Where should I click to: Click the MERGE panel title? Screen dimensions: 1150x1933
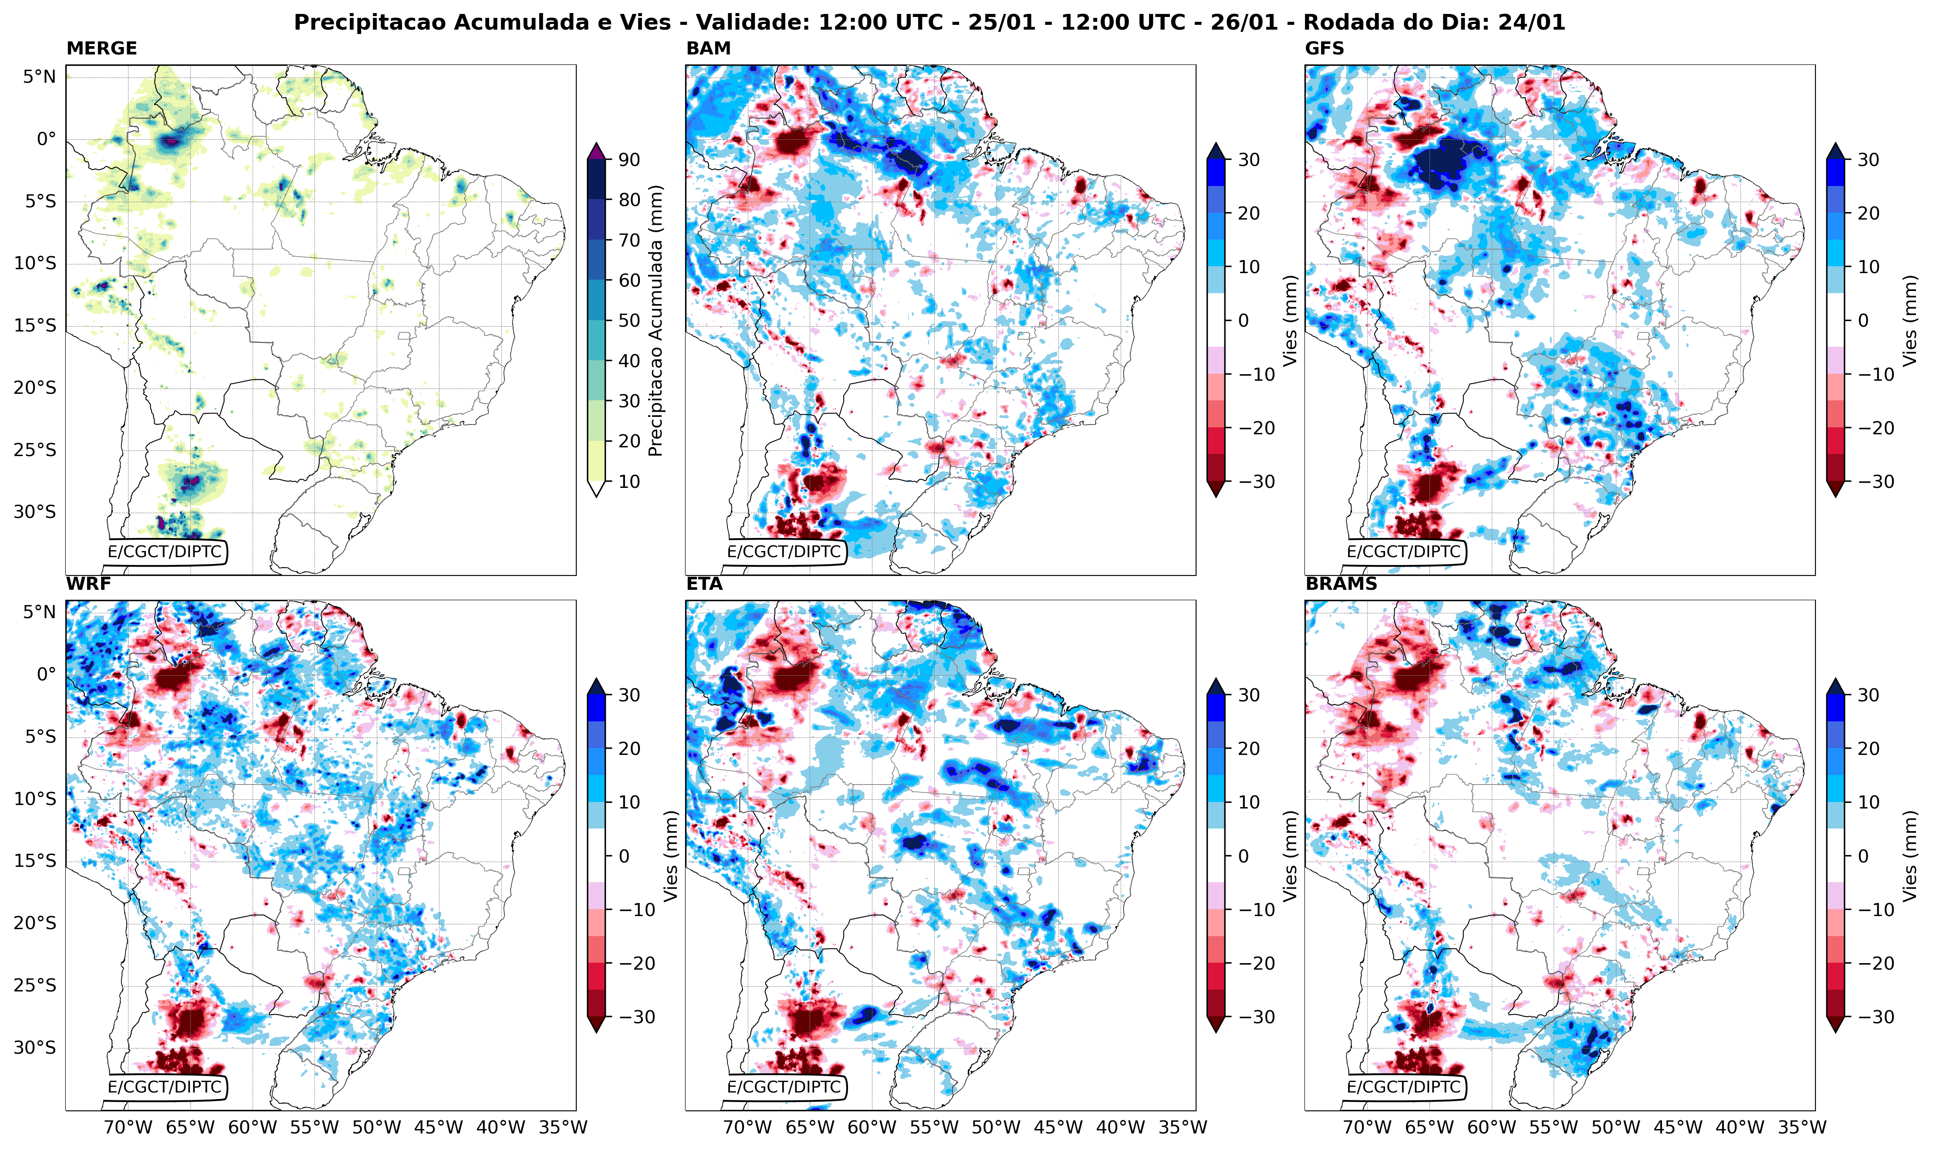(101, 48)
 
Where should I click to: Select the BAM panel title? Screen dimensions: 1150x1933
(708, 48)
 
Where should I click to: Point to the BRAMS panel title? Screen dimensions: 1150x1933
(1341, 584)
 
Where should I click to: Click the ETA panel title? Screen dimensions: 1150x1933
(704, 584)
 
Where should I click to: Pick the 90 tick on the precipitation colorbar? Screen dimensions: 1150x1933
(629, 159)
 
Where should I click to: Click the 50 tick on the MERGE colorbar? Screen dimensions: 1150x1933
(629, 320)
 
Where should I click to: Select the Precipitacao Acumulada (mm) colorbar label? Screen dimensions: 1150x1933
(656, 320)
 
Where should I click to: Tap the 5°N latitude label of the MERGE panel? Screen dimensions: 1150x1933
(39, 77)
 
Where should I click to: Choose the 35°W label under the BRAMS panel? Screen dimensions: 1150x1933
(1802, 1127)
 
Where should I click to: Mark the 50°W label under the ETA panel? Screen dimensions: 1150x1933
(996, 1127)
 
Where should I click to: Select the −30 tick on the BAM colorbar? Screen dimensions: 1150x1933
(1252, 481)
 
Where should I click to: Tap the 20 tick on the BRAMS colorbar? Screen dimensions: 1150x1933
(1868, 748)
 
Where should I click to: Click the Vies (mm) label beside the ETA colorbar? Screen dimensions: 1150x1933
(1290, 856)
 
